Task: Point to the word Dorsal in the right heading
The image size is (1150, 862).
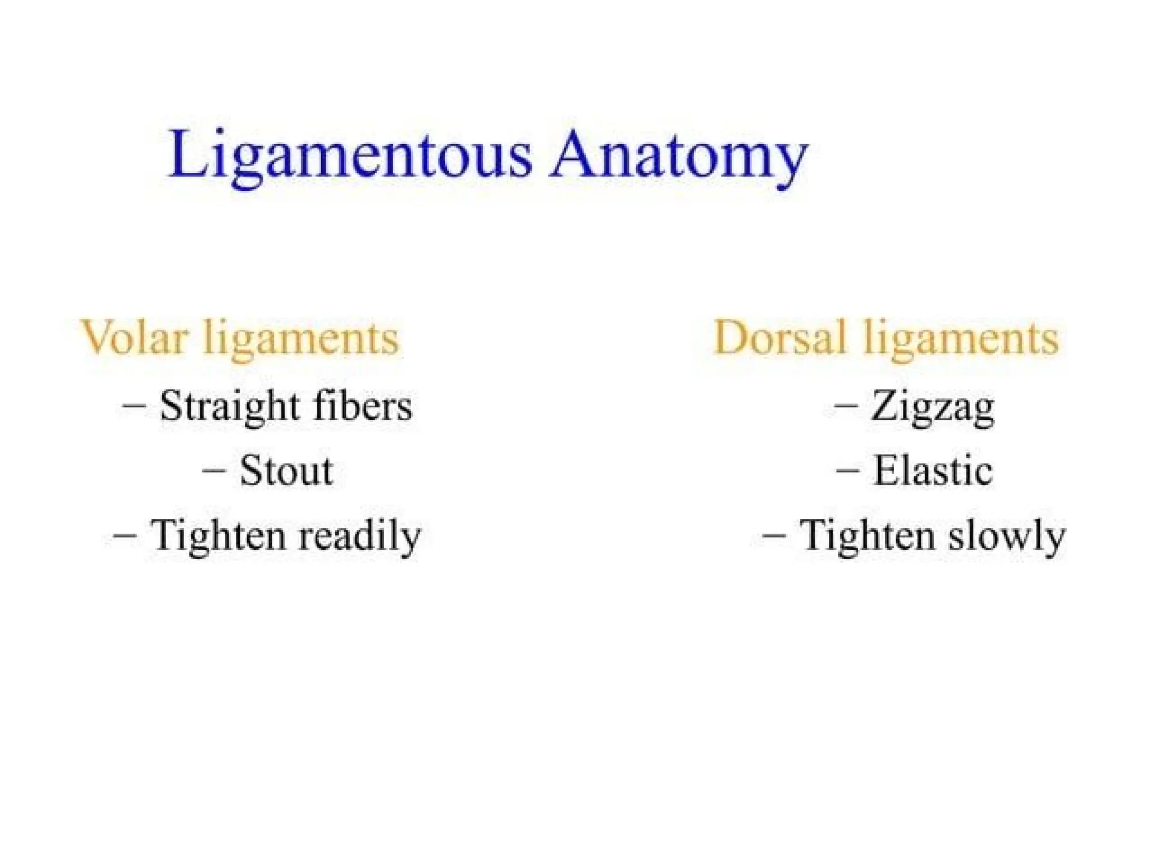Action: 779,338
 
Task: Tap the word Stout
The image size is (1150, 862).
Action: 286,470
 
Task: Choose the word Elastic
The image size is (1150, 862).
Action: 933,470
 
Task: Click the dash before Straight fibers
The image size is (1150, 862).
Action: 134,405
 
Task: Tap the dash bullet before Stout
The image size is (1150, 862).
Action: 213,470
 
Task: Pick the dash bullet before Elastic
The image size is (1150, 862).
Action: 847,470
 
